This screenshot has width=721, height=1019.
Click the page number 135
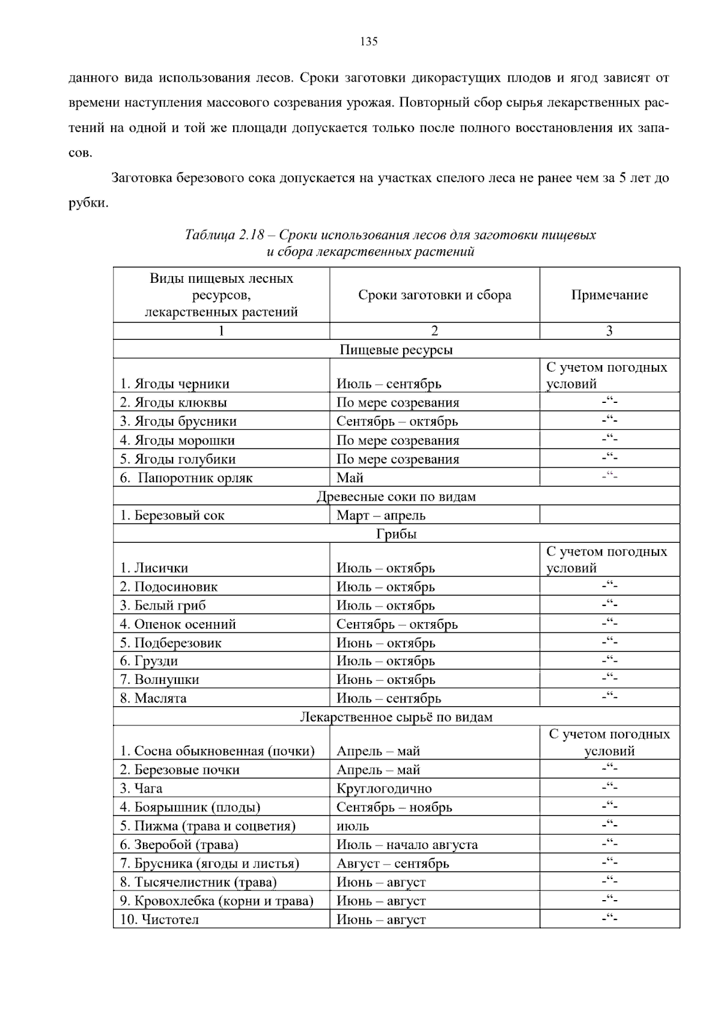pyautogui.click(x=368, y=41)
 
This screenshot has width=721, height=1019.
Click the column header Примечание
pyautogui.click(x=609, y=295)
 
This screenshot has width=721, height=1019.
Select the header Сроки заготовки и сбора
pyautogui.click(x=434, y=295)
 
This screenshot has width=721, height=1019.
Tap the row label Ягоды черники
pyautogui.click(x=174, y=384)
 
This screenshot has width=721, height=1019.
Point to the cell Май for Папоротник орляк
pyautogui.click(x=350, y=478)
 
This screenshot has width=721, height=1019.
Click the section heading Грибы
pyautogui.click(x=397, y=534)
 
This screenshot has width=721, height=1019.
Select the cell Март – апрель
pyautogui.click(x=381, y=515)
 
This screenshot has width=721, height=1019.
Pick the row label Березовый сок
pyautogui.click(x=172, y=515)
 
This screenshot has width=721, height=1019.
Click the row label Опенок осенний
pyautogui.click(x=178, y=624)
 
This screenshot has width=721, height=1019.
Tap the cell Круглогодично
pyautogui.click(x=384, y=788)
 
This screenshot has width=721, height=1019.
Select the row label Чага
pyautogui.click(x=141, y=788)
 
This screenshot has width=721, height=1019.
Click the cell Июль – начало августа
pyautogui.click(x=407, y=845)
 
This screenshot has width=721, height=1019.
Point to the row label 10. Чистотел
pyautogui.click(x=159, y=919)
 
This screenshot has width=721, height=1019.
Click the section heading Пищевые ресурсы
pyautogui.click(x=397, y=349)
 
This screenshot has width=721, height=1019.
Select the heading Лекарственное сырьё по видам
pyautogui.click(x=397, y=717)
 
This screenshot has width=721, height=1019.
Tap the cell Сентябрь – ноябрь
pyautogui.click(x=394, y=807)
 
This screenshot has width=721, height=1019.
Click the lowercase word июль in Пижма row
pyautogui.click(x=353, y=826)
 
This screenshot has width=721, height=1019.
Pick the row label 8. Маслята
pyautogui.click(x=153, y=698)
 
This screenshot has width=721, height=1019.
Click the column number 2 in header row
pyautogui.click(x=434, y=331)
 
